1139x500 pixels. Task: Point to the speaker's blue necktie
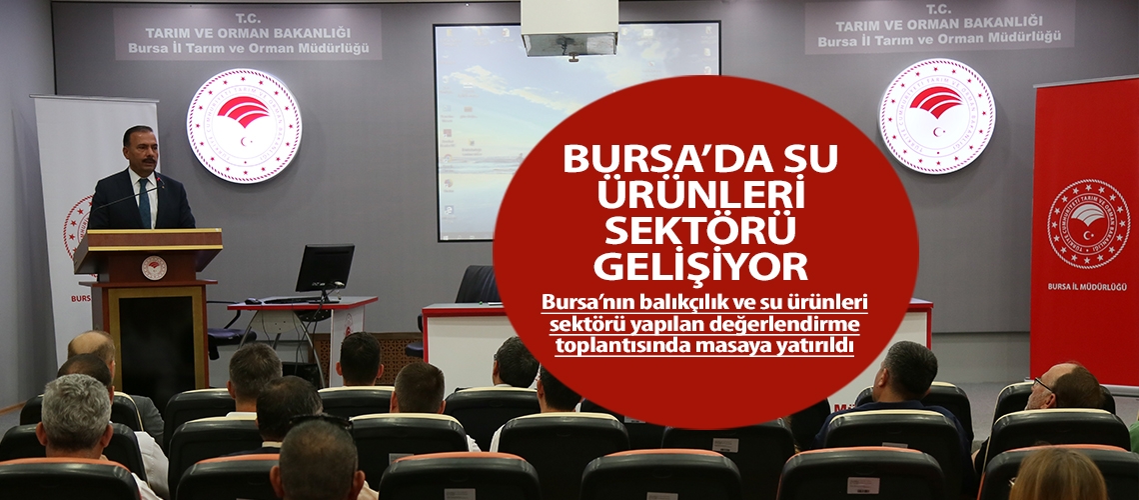144,204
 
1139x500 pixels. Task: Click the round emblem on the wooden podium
153,266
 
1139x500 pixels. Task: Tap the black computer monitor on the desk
325,269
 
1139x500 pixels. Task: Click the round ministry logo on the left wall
244,125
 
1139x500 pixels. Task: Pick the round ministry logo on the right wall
936,116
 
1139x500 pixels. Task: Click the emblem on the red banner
1087,223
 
